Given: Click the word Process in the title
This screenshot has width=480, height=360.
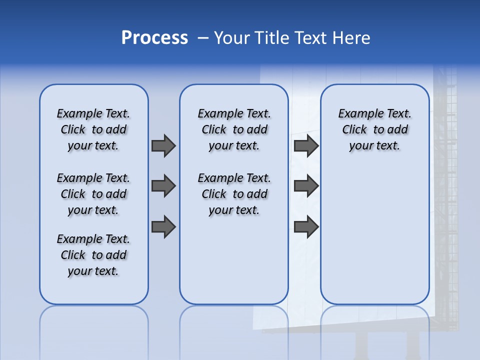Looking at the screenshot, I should point(154,38).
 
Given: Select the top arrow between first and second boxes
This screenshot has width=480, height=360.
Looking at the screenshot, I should point(163,145).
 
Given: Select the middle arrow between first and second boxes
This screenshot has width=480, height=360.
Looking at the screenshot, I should point(163,186).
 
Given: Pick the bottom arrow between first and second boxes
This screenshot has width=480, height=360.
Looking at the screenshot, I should point(163,226).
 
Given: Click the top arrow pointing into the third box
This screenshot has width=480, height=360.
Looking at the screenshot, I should point(306,145).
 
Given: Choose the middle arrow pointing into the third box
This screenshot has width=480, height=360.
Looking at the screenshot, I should point(306,186).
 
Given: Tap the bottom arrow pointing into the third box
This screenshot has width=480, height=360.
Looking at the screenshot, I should point(306,226).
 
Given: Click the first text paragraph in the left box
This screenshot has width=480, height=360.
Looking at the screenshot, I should point(93,129).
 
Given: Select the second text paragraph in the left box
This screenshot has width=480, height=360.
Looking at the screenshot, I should point(93,194).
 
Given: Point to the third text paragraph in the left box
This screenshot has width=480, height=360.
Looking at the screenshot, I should point(93,255).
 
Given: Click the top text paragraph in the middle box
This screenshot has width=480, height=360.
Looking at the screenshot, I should point(234,129).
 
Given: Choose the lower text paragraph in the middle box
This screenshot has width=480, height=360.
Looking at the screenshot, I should point(234,194).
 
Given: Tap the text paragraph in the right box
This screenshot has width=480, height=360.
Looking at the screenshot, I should point(374,129).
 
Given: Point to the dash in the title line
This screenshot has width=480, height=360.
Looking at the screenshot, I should point(203,38).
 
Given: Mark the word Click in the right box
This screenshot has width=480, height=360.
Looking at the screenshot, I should point(354,130).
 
